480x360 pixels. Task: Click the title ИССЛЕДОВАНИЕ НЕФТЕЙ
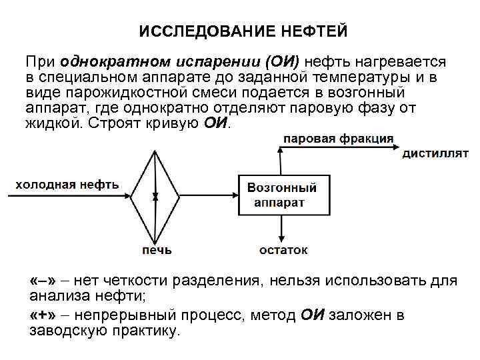[243, 31]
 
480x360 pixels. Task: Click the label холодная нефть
[67, 185]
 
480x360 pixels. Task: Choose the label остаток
[284, 251]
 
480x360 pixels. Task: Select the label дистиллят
[435, 153]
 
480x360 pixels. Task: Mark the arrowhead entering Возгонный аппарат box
[234, 195]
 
